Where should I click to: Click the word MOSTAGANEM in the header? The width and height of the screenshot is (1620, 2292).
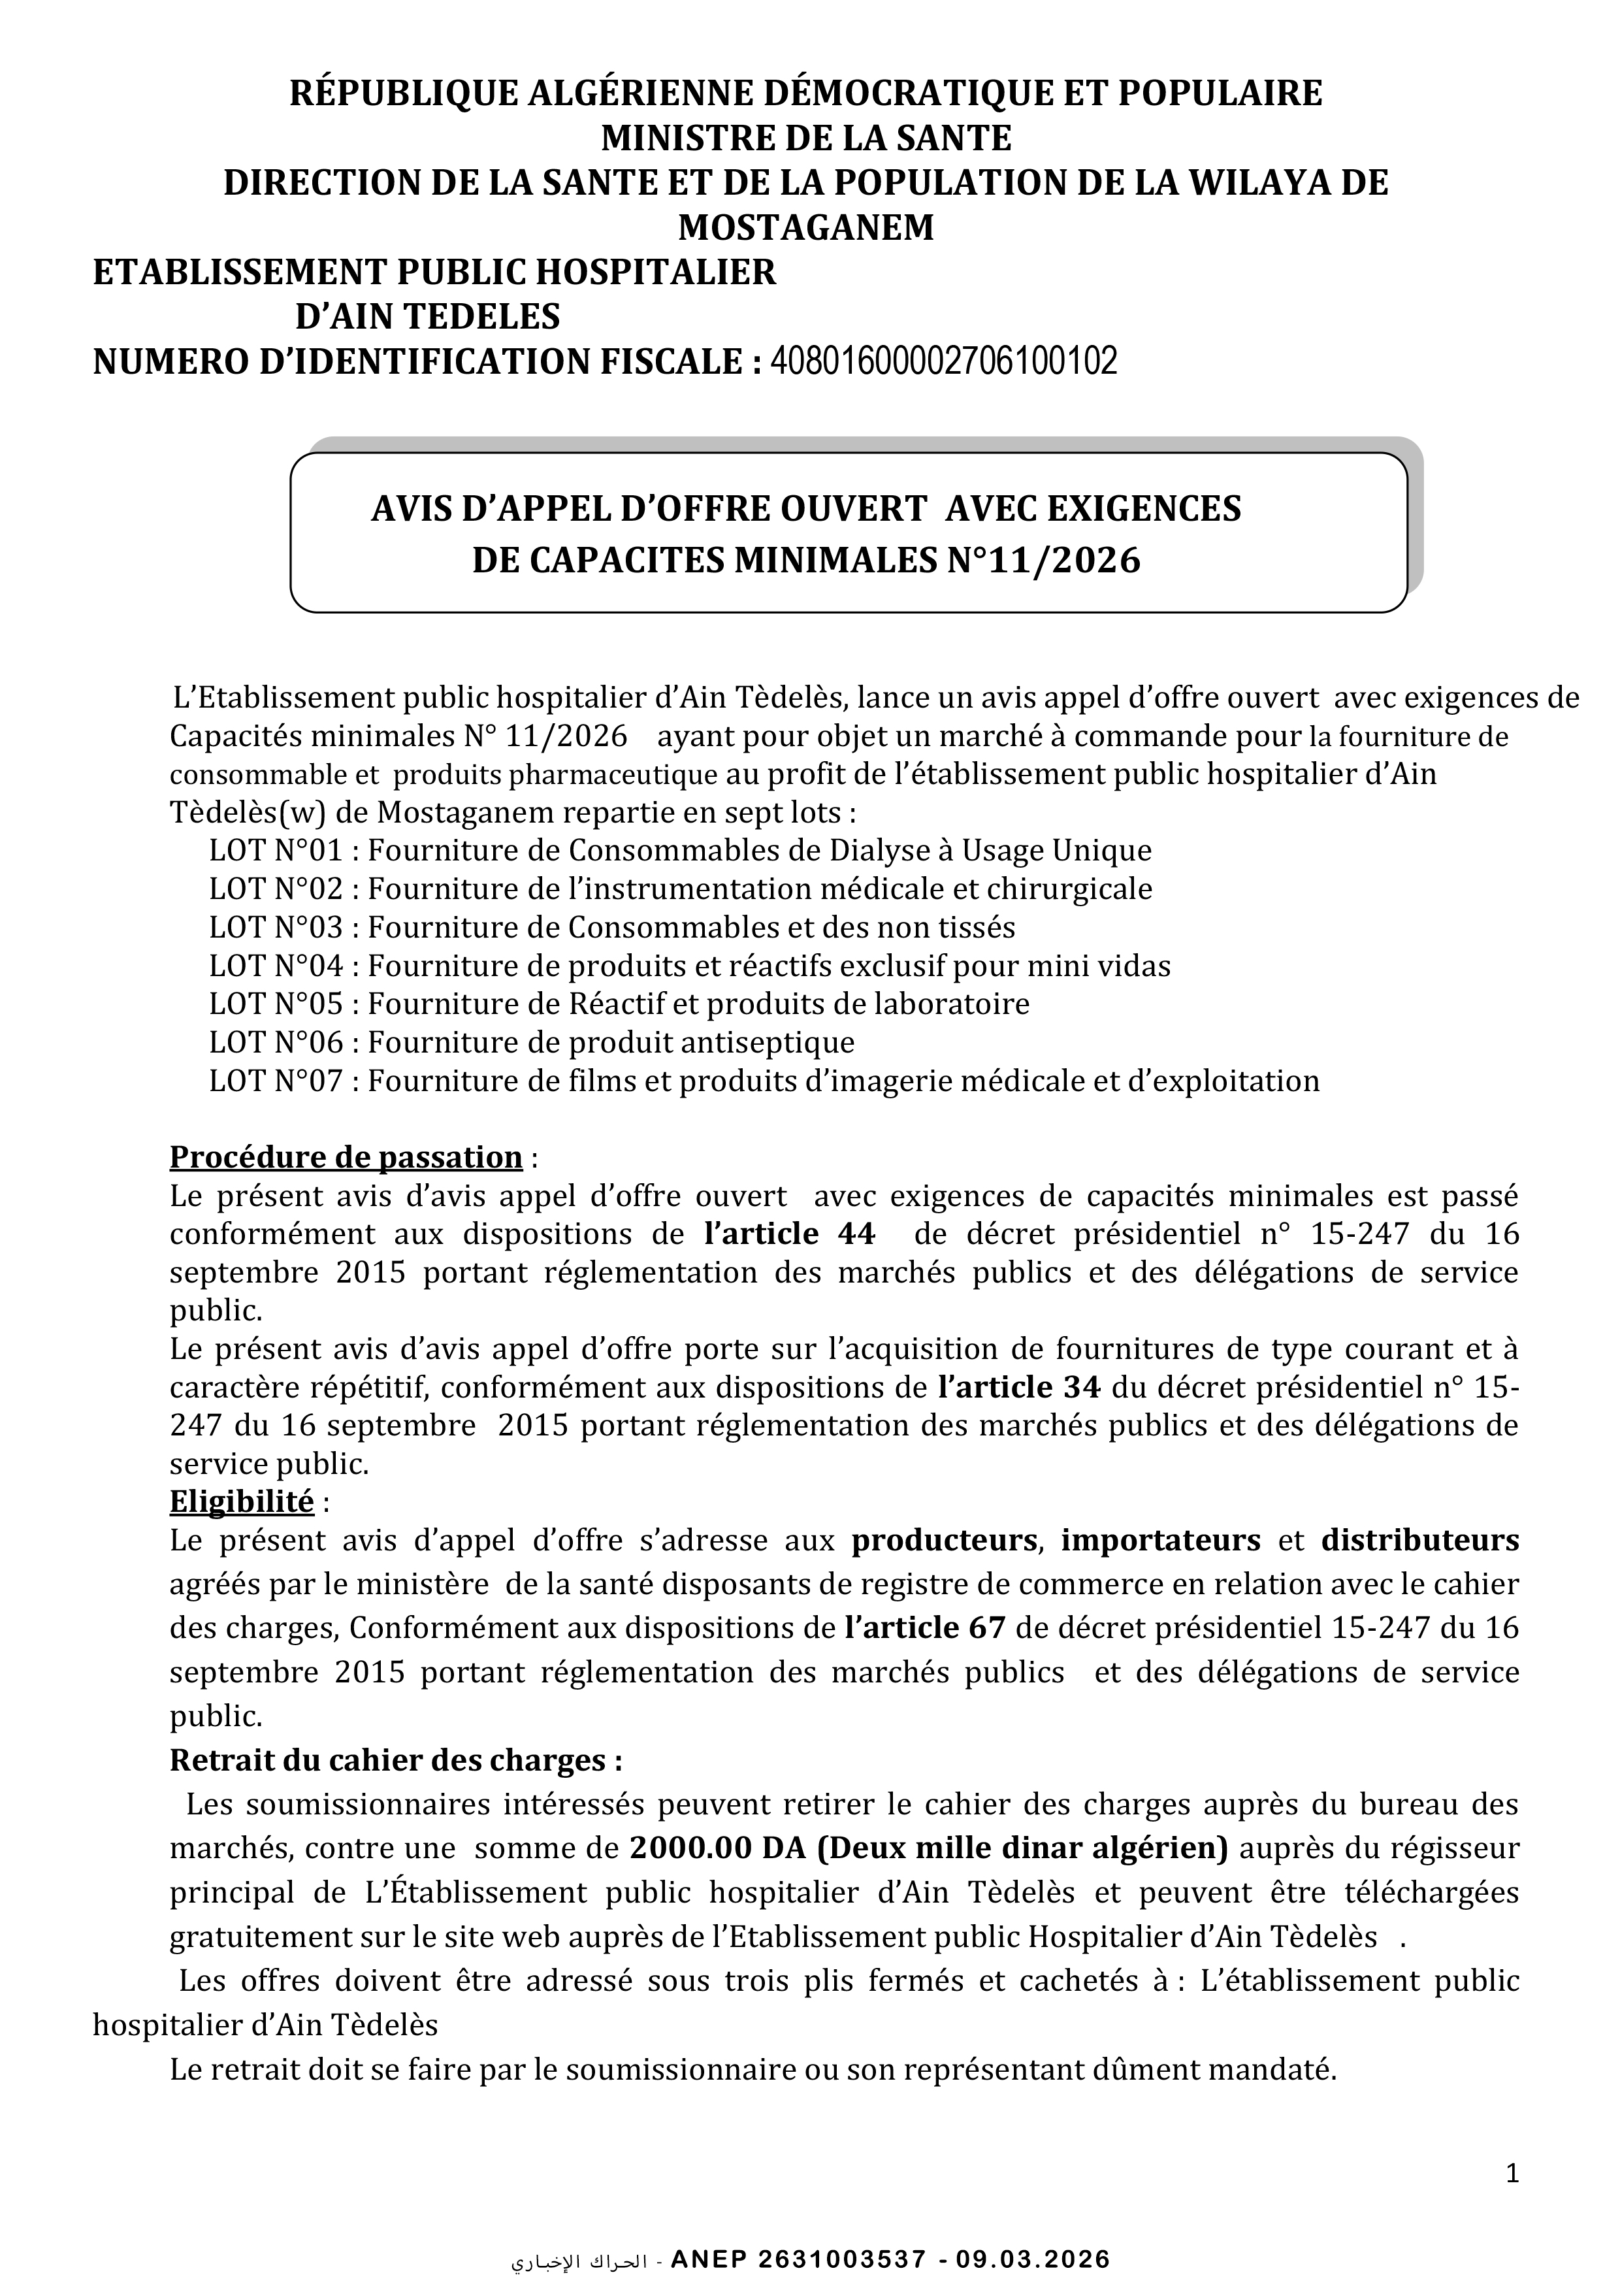807,227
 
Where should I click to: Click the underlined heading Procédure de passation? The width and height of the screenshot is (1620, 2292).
346,1157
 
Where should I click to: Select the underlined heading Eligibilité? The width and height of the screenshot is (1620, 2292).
242,1501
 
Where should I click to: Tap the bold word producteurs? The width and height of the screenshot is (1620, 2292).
943,1541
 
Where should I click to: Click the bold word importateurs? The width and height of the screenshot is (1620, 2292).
1161,1541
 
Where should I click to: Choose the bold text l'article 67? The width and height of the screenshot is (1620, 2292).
924,1628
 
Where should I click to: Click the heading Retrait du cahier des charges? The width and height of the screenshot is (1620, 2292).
395,1760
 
